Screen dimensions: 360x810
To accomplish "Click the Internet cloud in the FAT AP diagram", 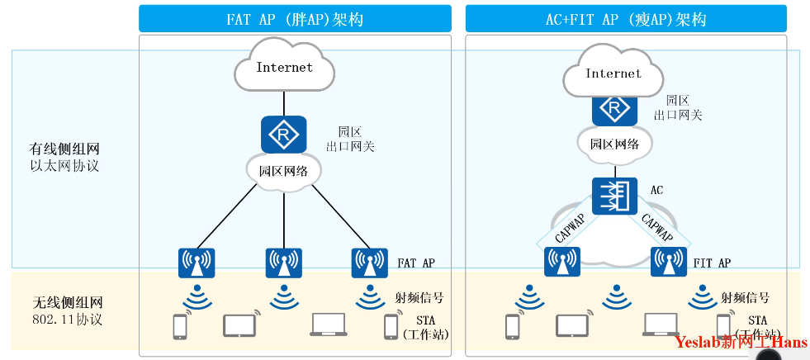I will coord(285,69).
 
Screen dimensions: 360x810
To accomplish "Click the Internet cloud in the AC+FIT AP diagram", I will coord(613,74).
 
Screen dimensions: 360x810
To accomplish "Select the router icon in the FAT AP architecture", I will coord(284,134).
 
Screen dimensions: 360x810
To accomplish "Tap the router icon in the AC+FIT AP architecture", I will coord(613,108).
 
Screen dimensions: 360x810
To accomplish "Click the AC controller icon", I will coord(613,196).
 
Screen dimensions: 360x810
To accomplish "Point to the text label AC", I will coord(657,191).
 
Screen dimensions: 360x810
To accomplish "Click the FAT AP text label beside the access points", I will coord(416,263).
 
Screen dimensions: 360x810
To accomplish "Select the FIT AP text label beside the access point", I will coord(712,263).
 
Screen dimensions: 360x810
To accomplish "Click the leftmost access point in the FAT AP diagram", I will coord(197,263).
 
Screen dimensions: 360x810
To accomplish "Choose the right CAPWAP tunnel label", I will coord(658,225).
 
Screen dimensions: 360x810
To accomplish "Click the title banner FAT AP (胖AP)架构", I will coord(295,18).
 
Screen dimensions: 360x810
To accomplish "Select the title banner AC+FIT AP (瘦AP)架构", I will coord(626,18).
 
